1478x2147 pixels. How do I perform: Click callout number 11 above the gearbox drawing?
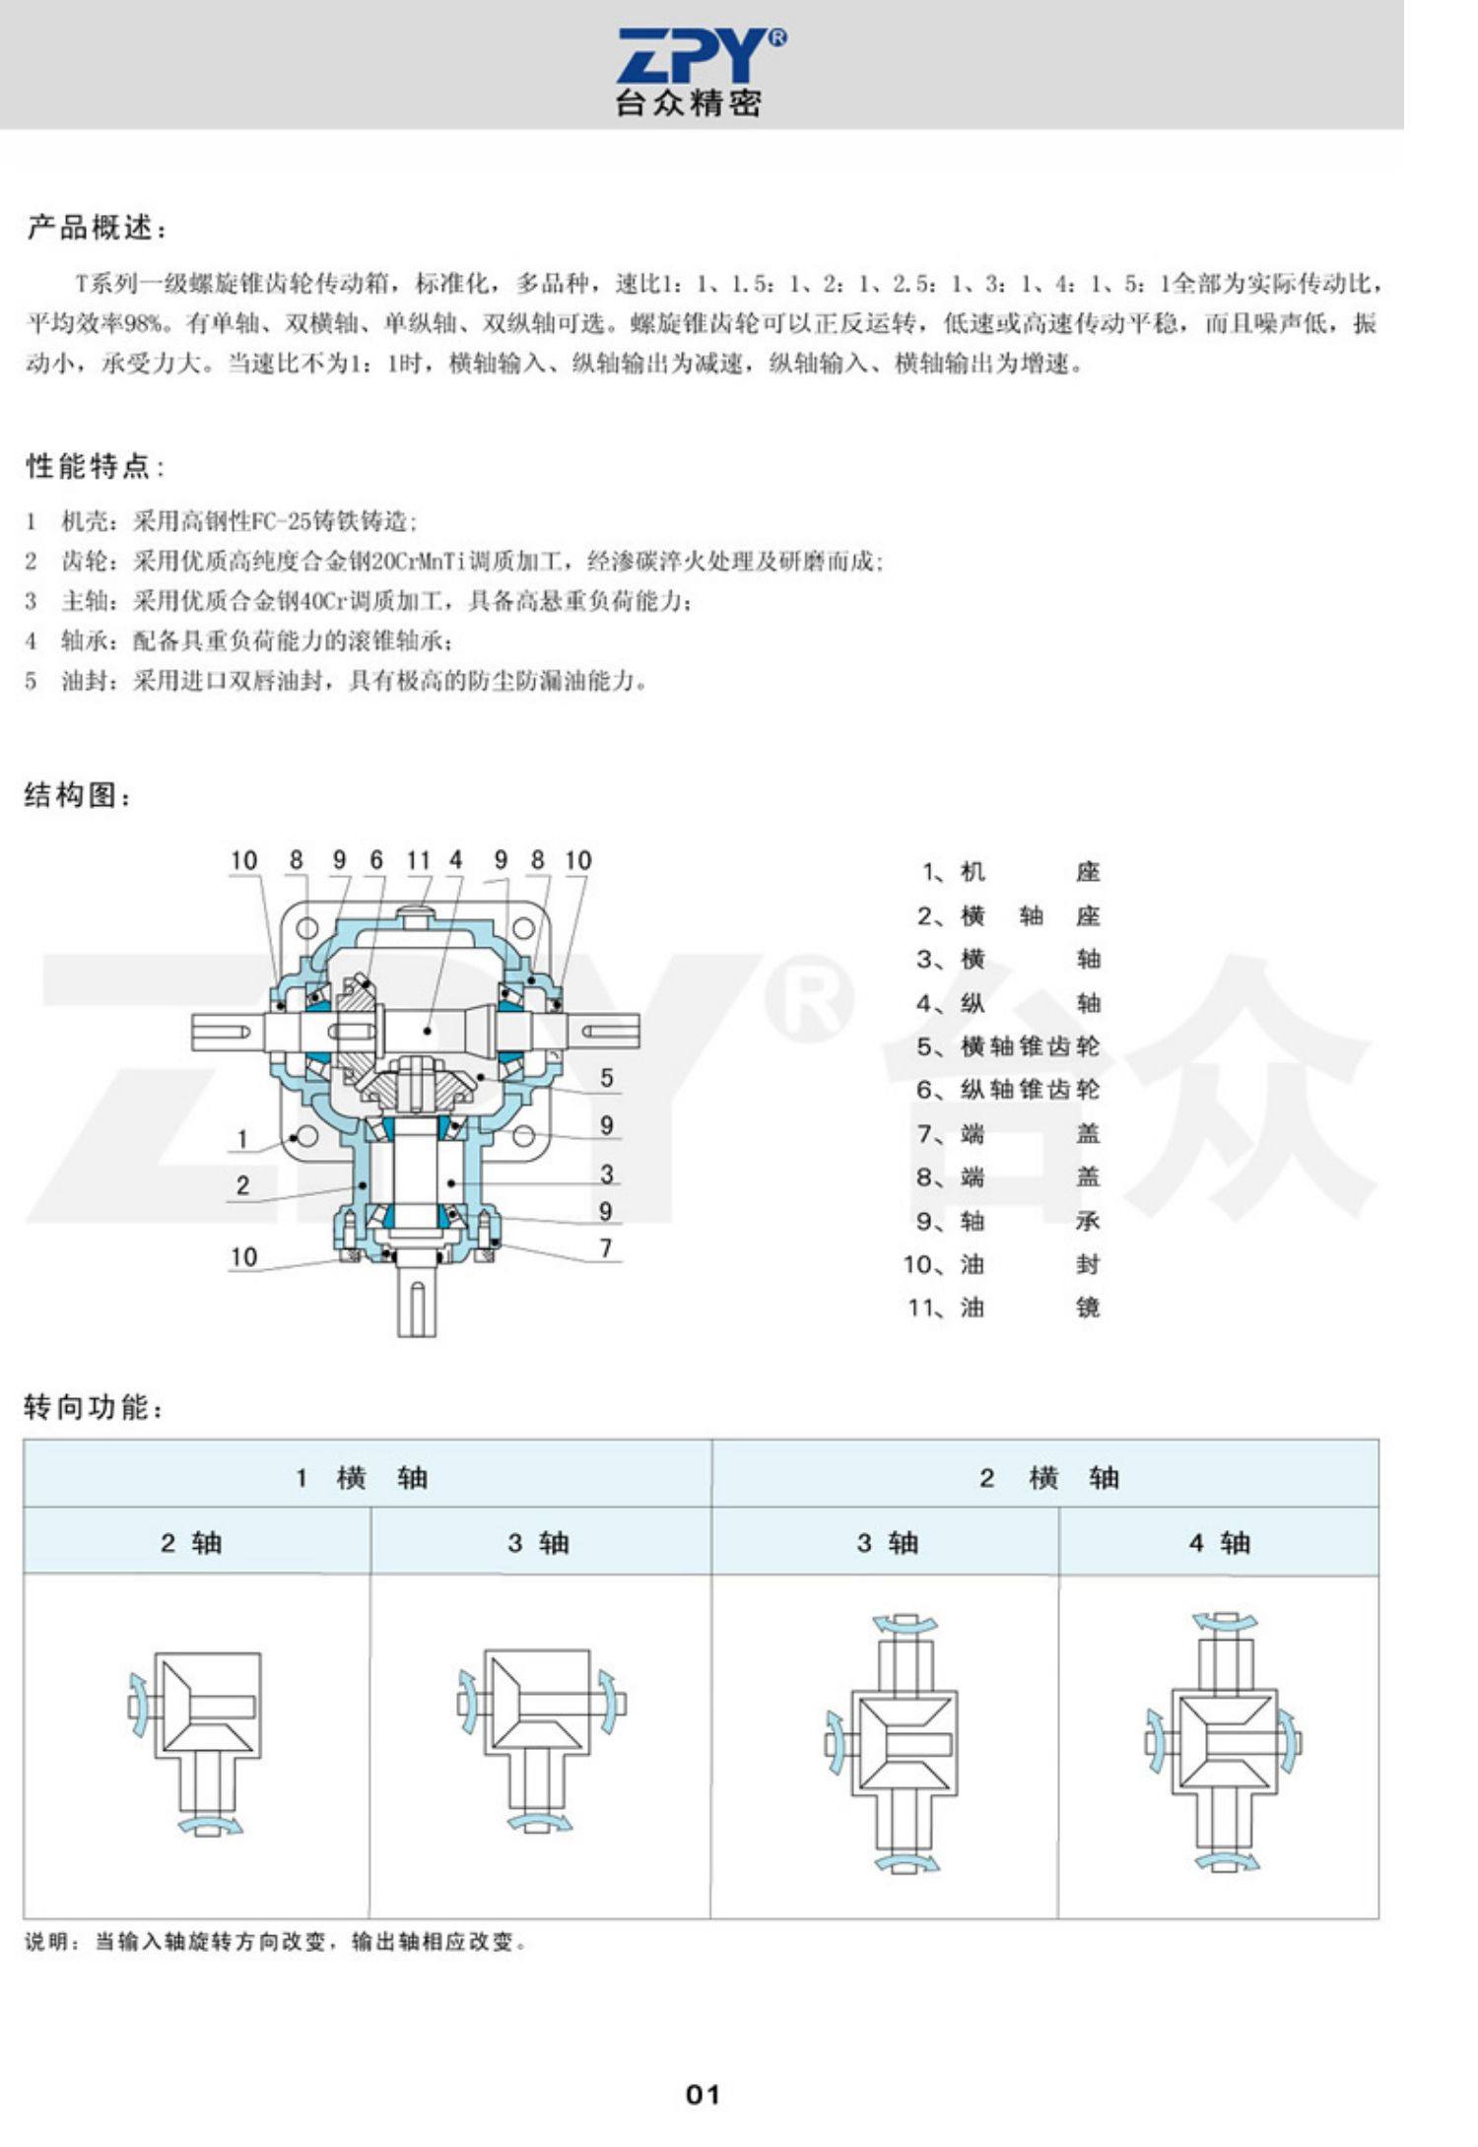click(x=418, y=860)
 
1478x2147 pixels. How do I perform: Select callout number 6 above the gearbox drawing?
click(x=375, y=860)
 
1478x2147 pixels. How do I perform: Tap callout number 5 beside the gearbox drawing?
click(x=607, y=1078)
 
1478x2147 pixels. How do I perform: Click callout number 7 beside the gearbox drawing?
click(x=607, y=1248)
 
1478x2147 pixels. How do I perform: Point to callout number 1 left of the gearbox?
click(x=242, y=1139)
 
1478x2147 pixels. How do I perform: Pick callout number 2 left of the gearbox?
click(x=242, y=1185)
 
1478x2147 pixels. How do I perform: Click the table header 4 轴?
click(x=1219, y=1543)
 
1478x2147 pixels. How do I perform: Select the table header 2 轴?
click(x=191, y=1543)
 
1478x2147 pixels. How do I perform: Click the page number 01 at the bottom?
click(x=703, y=2095)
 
